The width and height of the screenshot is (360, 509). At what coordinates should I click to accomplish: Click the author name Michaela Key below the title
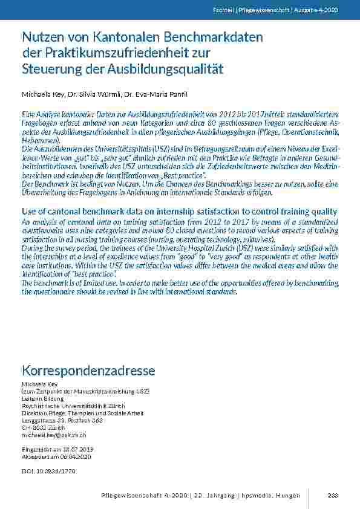pyautogui.click(x=41, y=95)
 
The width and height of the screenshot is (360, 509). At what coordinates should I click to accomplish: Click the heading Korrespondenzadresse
pyautogui.click(x=88, y=370)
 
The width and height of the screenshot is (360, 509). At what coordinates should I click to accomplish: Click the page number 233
pyautogui.click(x=332, y=496)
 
